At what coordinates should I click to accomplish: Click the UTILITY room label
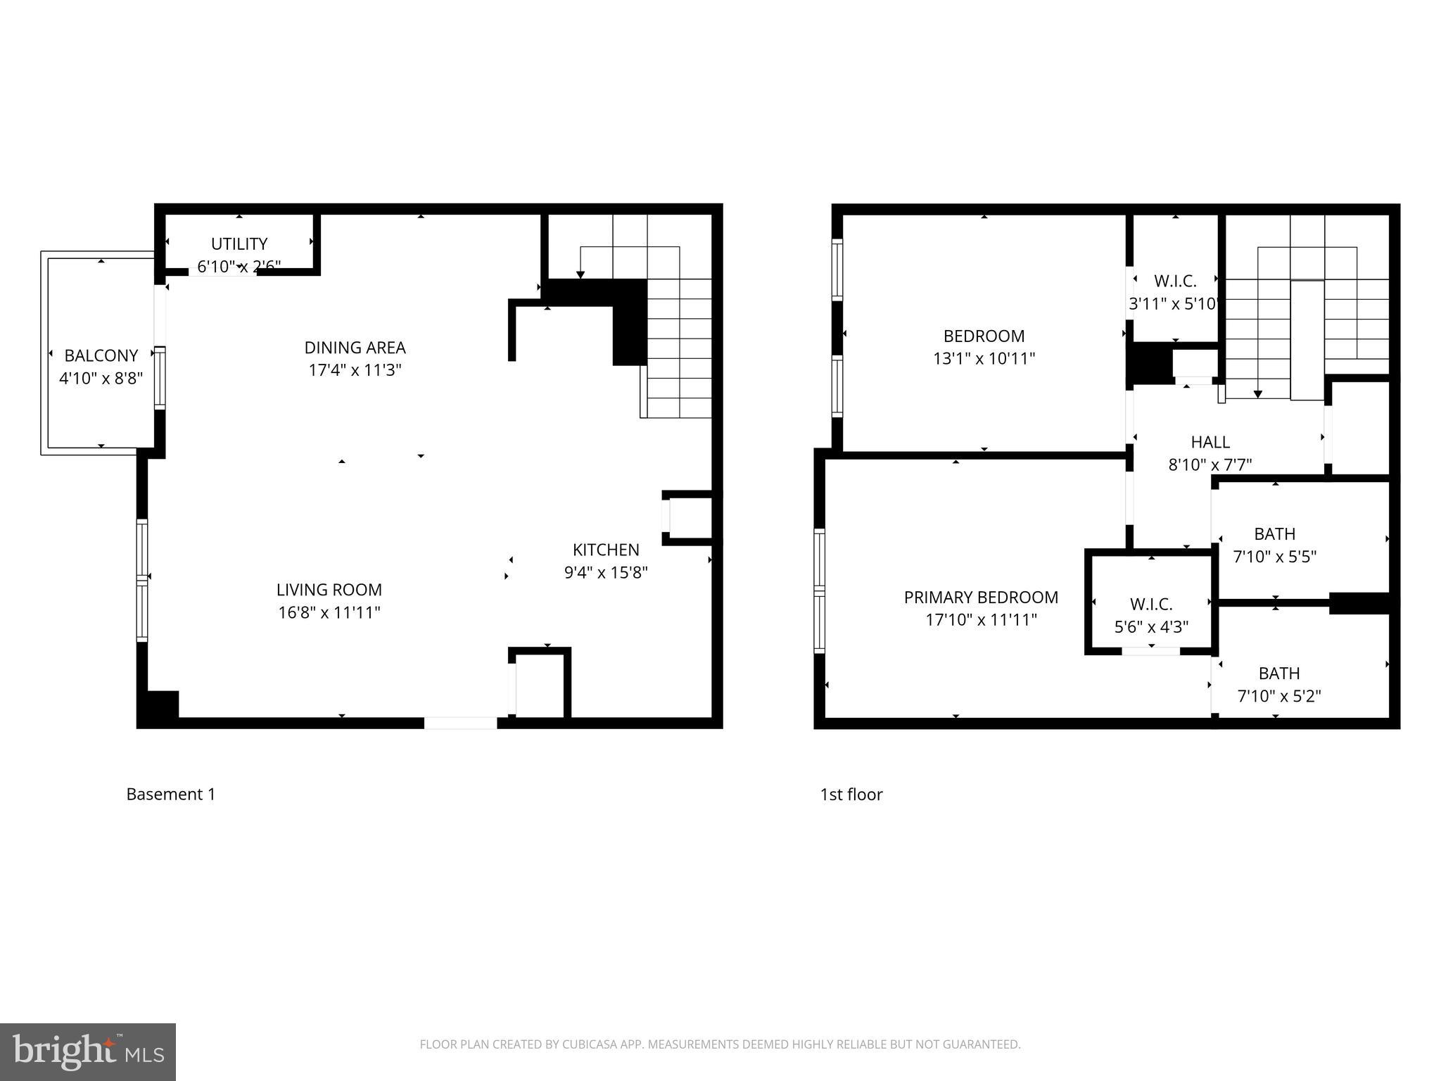239,244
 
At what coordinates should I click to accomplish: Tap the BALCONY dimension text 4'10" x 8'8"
101,379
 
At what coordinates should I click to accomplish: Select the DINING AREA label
355,348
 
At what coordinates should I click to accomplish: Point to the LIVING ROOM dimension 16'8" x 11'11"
329,613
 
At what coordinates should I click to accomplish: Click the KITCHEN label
606,550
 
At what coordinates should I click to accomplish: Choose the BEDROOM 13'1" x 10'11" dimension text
984,359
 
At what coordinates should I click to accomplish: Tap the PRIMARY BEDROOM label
981,598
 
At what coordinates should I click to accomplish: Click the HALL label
1210,443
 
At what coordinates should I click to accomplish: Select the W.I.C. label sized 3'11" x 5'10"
1175,282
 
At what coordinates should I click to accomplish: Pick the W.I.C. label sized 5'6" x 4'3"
1151,605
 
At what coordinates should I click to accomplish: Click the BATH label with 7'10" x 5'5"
1274,534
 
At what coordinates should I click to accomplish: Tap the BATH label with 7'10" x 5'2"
1278,674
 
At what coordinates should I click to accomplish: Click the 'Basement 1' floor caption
171,795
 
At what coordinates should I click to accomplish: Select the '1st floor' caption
851,795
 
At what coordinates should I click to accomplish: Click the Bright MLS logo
88,1051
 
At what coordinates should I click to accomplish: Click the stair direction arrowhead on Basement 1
580,275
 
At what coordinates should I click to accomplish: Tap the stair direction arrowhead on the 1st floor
1258,395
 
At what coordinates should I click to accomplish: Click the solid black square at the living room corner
159,707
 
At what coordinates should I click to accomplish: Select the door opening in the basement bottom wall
460,723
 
